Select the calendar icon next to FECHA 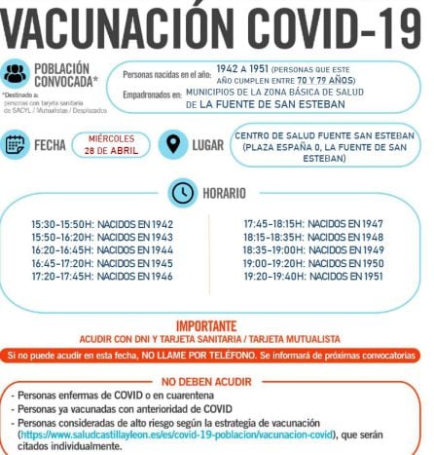click(16, 144)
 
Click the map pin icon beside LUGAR click(172, 144)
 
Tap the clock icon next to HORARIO click(182, 193)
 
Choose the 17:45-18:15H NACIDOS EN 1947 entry click(300, 224)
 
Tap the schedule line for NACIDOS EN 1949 click(300, 250)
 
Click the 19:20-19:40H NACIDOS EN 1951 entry click(300, 277)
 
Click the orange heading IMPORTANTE click(217, 325)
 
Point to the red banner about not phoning click(217, 356)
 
